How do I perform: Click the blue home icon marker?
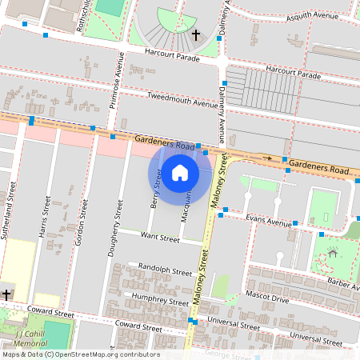180,173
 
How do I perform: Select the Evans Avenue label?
269,220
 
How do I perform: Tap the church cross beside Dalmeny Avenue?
196,34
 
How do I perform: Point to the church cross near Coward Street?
6,295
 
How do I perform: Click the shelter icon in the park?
332,254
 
